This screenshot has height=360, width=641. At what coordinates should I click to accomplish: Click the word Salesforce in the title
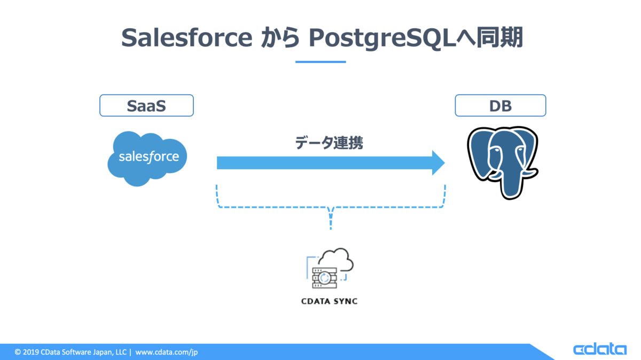[x=186, y=38]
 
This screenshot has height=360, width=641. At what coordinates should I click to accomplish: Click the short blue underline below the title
[x=320, y=62]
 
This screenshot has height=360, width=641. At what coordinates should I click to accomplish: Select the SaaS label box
[x=146, y=106]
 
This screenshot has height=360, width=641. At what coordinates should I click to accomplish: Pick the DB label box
[x=500, y=106]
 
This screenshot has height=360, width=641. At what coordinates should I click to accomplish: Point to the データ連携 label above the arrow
[x=329, y=143]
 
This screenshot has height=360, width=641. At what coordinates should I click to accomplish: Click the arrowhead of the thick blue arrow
[x=438, y=162]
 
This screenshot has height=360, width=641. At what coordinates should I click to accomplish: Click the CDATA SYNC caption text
[x=330, y=301]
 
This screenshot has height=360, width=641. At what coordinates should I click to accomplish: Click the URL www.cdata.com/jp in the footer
[x=167, y=352]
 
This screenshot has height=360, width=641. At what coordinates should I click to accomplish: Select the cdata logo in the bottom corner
[x=599, y=349]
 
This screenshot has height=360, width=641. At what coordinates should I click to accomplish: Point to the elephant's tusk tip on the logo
[x=534, y=172]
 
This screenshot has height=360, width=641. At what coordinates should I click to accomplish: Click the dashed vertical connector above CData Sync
[x=331, y=219]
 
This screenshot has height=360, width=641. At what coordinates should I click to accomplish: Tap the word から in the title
[x=281, y=38]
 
